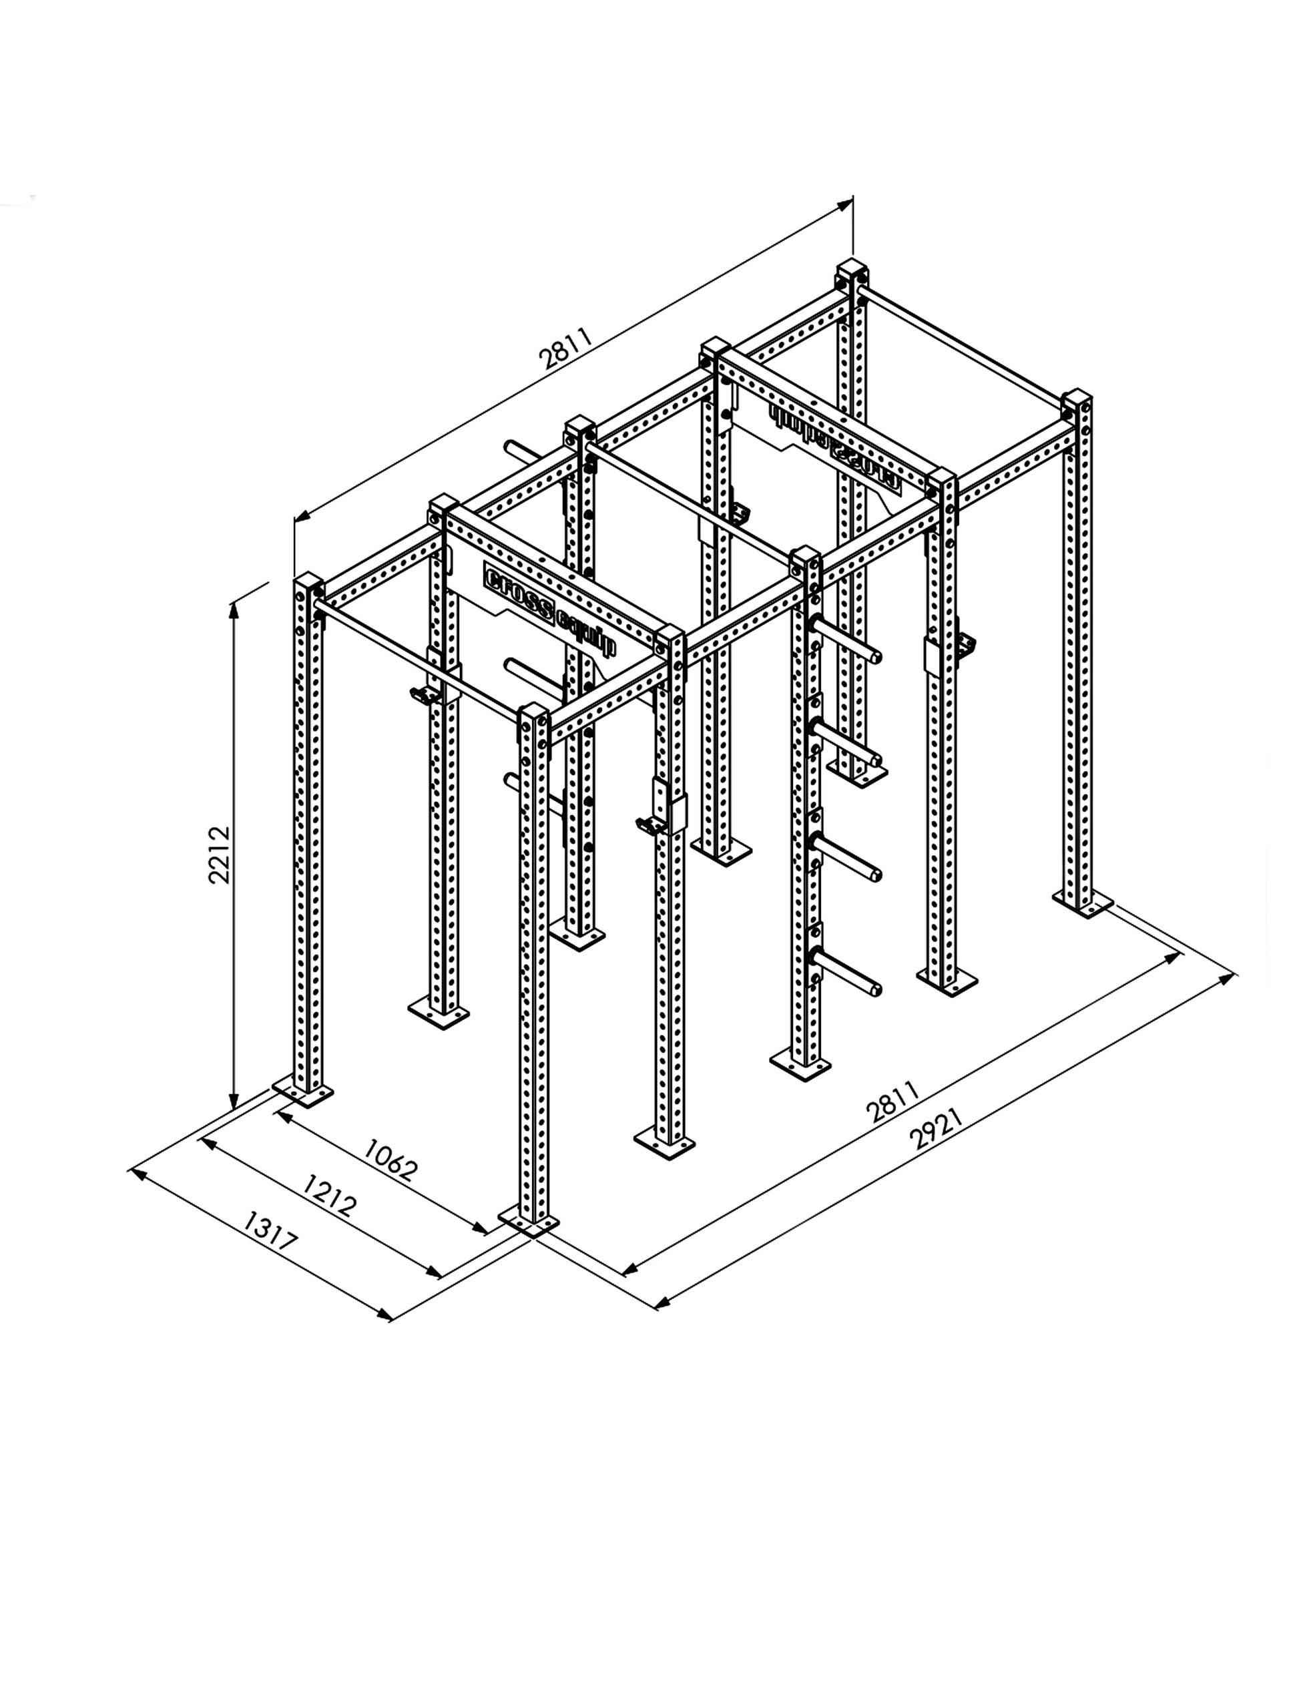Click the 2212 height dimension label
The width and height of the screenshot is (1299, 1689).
(220, 854)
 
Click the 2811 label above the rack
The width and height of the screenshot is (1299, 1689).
(566, 347)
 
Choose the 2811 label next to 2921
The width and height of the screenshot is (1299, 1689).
(892, 1102)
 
